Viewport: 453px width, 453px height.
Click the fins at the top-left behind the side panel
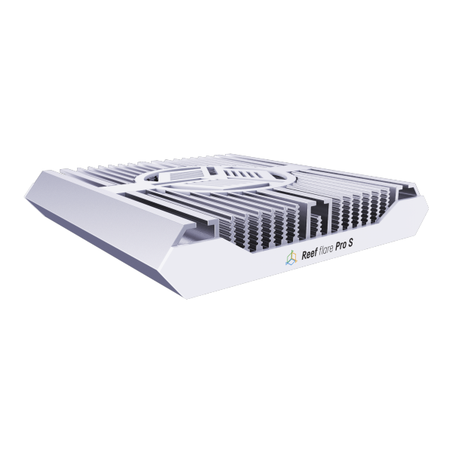(x=98, y=172)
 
